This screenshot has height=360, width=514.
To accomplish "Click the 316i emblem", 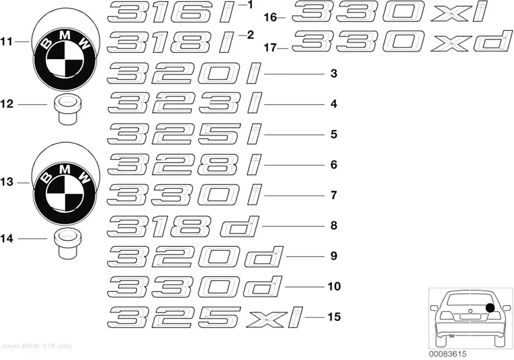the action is (172, 12).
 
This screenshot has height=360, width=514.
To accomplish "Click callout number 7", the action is (334, 195).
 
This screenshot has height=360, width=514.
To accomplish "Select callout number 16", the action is (270, 17).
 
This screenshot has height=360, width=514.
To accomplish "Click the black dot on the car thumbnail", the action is (490, 308).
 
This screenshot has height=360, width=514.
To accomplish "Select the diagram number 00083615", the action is (447, 354).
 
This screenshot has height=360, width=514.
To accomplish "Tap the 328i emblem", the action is (185, 165).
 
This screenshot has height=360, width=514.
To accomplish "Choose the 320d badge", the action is (195, 256).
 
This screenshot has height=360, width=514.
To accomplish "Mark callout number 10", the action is (334, 287).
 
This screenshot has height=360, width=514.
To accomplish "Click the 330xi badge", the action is (390, 11).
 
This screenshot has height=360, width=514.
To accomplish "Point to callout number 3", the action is (334, 73).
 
